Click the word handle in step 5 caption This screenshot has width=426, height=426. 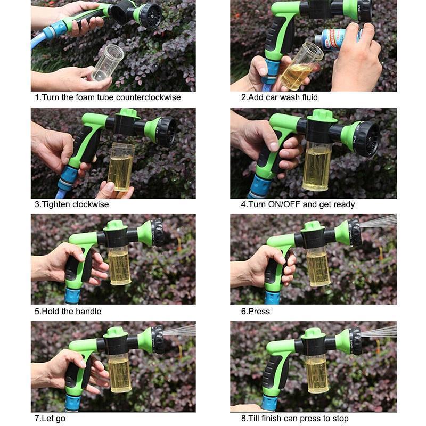(x=88, y=311)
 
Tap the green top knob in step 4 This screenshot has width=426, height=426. (x=322, y=115)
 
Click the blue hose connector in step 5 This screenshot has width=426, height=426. (x=72, y=293)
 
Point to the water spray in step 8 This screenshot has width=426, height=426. (x=381, y=331)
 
